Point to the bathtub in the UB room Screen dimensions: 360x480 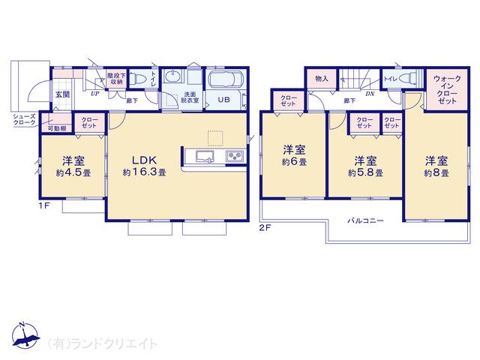[226, 80]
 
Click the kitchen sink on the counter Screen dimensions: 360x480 [205, 157]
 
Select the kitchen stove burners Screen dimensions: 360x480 [233, 157]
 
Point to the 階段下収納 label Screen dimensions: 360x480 [115, 79]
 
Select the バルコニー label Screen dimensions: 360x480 [365, 221]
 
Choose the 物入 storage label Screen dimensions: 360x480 [322, 78]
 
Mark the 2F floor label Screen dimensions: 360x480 [265, 226]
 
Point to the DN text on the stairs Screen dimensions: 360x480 [370, 95]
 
